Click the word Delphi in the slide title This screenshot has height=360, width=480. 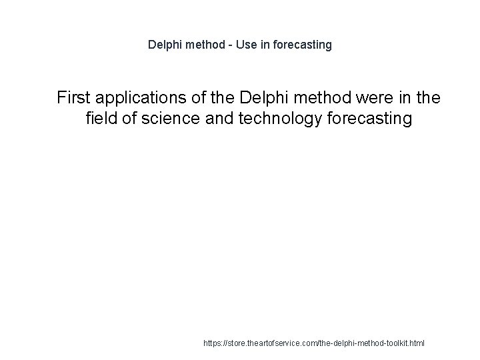coord(163,45)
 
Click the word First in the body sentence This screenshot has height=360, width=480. coord(73,99)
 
